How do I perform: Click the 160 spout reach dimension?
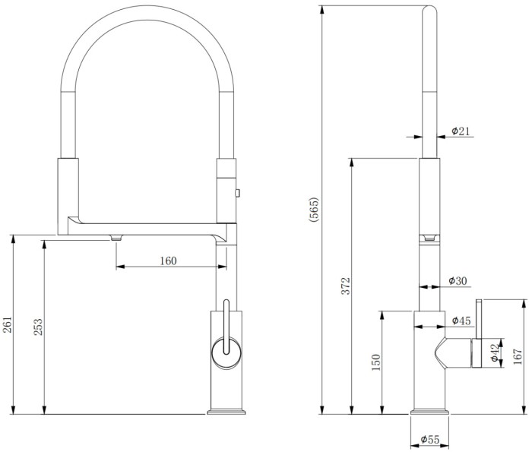pos(169,261)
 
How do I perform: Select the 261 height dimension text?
pos(7,326)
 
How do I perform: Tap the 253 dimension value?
pos(38,326)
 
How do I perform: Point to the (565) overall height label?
pos(314,210)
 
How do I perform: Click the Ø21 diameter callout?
pos(461,131)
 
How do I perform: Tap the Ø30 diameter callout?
pos(458,281)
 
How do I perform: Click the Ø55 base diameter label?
pos(430,440)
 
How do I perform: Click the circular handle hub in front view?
pos(226,352)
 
